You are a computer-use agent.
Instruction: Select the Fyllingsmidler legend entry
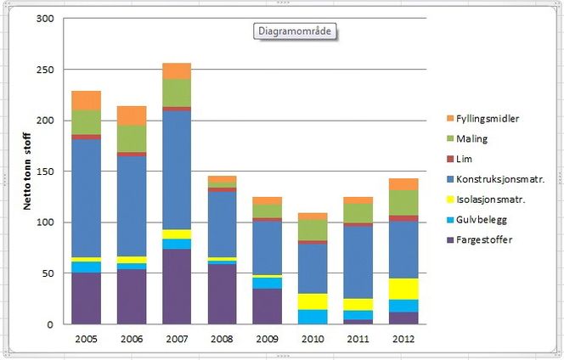point(488,118)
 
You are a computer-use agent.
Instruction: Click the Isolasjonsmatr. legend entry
point(490,200)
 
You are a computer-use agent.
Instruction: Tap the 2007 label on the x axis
point(177,338)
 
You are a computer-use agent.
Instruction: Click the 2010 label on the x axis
point(313,338)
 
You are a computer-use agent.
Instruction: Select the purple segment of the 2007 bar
point(177,286)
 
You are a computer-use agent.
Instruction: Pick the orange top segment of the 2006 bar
point(132,115)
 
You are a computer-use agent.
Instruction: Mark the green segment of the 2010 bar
point(313,230)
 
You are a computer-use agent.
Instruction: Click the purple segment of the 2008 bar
point(222,294)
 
